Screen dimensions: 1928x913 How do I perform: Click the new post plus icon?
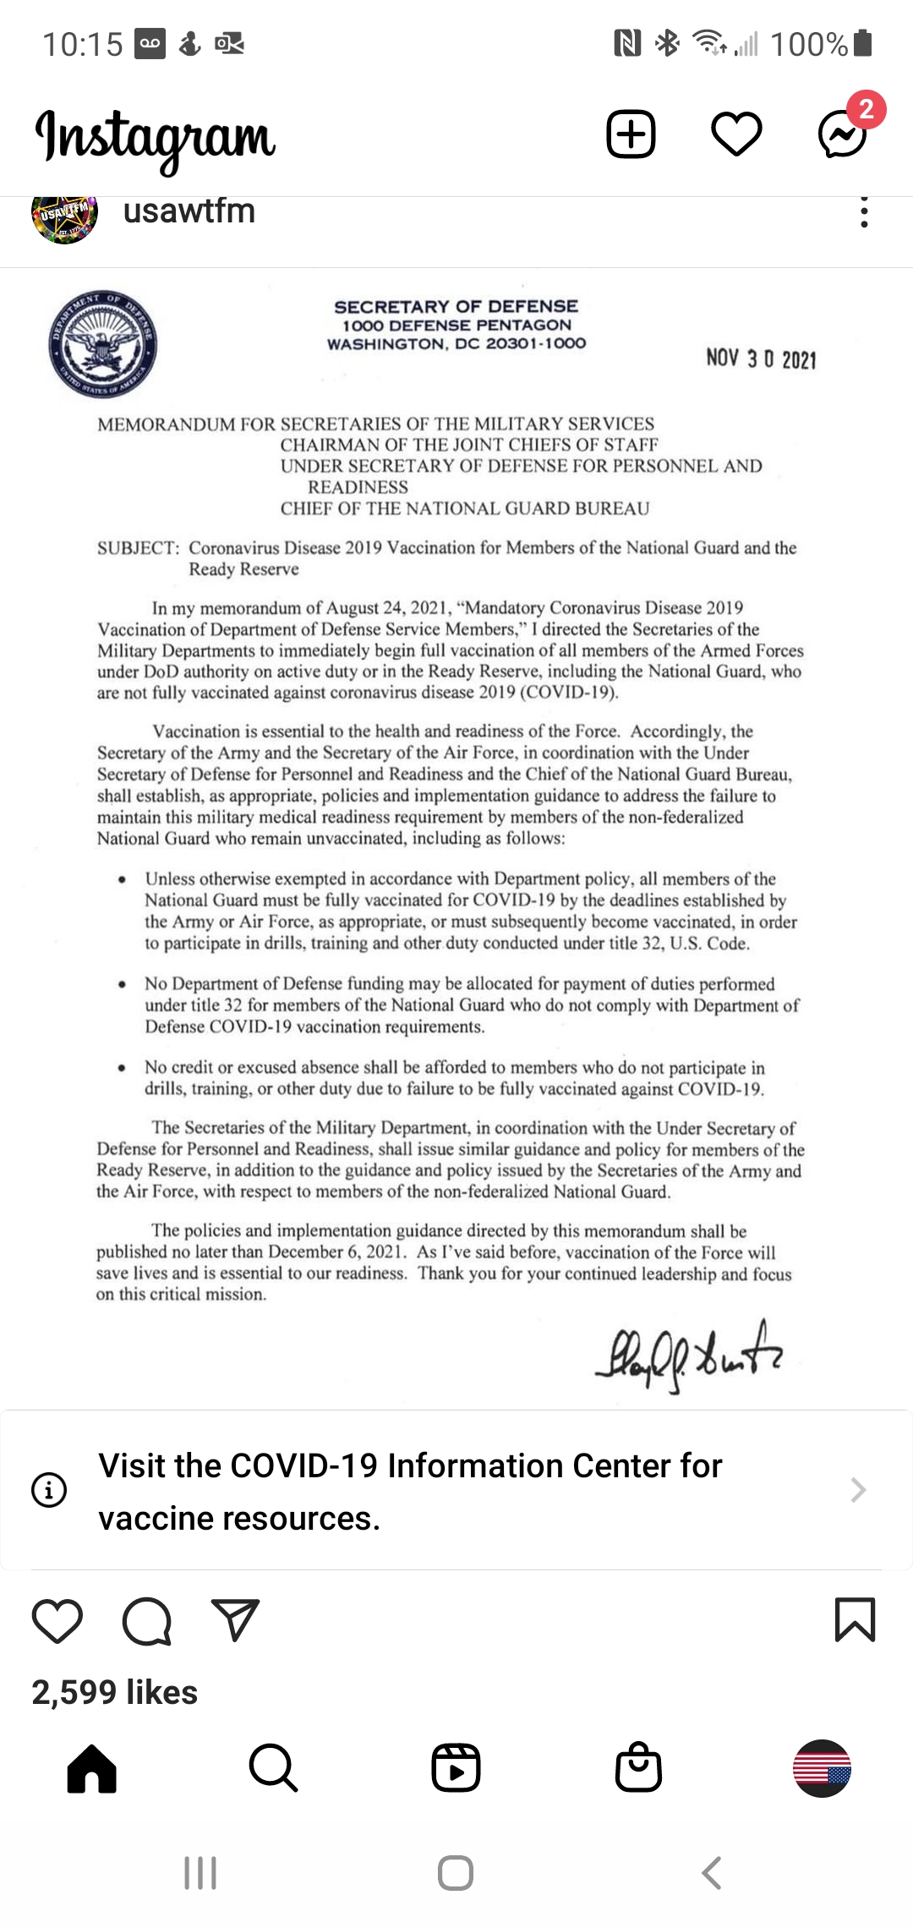pos(631,134)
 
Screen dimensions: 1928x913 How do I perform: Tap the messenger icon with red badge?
pos(843,134)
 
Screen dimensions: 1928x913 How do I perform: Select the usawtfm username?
pos(189,211)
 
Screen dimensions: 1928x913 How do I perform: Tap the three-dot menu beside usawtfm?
pos(863,212)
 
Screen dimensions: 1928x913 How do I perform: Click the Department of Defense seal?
pos(103,344)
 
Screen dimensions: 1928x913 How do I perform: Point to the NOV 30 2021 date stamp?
pos(761,359)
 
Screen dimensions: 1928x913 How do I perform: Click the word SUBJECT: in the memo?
pos(138,548)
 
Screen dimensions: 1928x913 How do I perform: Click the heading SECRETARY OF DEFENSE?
pos(456,306)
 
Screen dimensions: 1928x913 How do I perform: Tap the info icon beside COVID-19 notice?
pos(49,1489)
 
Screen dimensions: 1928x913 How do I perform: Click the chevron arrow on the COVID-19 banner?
pos(858,1489)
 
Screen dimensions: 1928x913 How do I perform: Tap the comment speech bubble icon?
pos(147,1621)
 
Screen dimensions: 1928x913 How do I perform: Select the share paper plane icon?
pos(235,1619)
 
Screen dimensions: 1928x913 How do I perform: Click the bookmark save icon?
pos(855,1619)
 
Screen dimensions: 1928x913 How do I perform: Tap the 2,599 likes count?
pos(115,1693)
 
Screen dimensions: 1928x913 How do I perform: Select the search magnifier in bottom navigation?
pos(273,1767)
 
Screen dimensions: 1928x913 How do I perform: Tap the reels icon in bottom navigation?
pos(456,1767)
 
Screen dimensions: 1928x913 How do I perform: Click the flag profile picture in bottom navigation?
pos(822,1767)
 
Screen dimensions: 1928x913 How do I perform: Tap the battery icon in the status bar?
pos(862,43)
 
